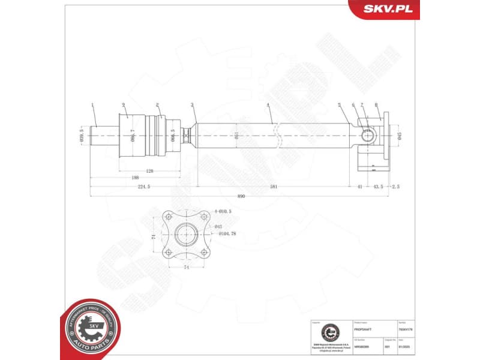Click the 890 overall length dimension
[241, 196]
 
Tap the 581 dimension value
[274, 187]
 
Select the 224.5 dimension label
[143, 187]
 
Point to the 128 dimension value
[149, 171]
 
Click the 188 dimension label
[136, 178]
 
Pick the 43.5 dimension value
[378, 187]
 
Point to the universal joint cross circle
[367, 135]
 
